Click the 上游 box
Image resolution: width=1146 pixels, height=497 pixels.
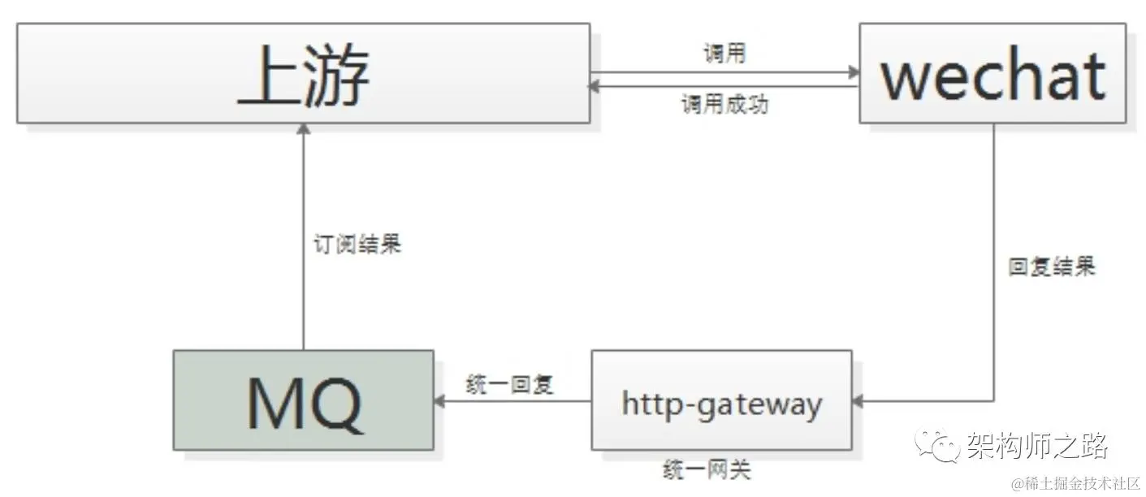coord(303,73)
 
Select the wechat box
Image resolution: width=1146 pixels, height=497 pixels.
coord(992,73)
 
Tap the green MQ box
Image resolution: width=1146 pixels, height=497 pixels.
coord(303,400)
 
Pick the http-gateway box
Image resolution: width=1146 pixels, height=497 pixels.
coord(721,400)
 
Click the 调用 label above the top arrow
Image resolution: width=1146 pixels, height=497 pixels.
coord(724,54)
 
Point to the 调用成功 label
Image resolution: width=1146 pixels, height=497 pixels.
coord(724,106)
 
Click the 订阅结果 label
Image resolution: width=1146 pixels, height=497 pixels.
coord(357,244)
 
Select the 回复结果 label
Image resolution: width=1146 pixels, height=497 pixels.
coord(1051,267)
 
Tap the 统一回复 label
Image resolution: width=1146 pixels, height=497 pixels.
coord(510,384)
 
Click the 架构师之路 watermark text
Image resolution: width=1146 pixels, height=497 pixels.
coord(1036,445)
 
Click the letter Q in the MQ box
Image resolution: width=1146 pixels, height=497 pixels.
coord(334,403)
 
